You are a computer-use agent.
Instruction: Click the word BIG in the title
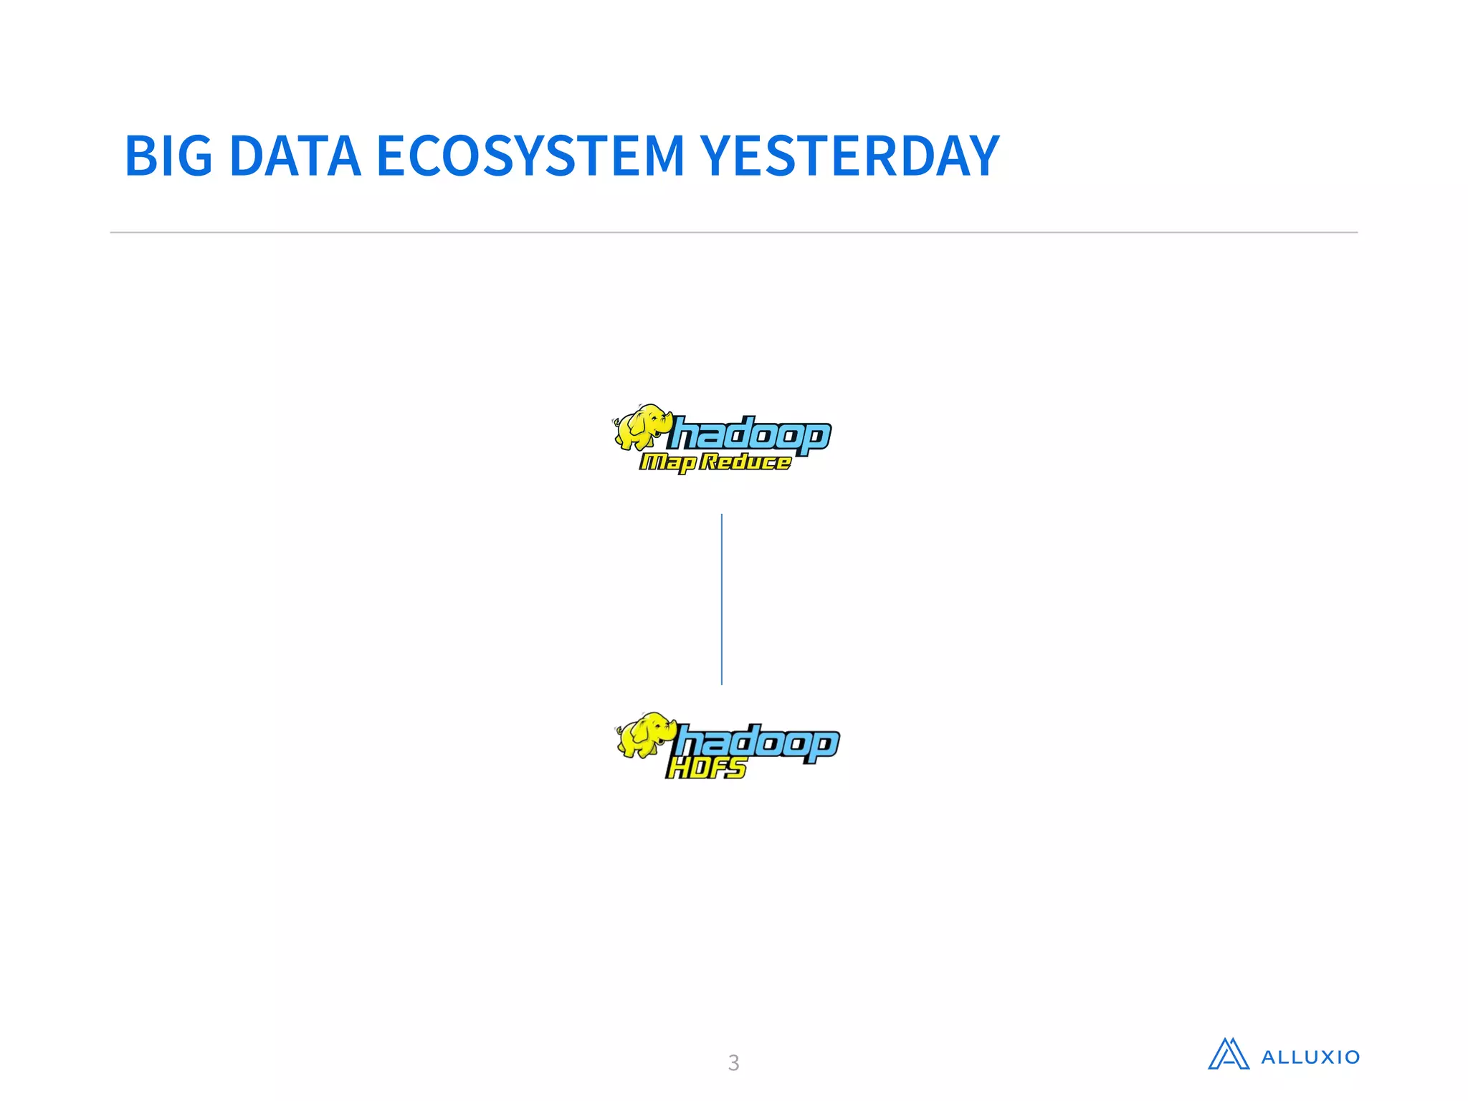pyautogui.click(x=168, y=156)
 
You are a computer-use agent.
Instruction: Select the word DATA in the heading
pyautogui.click(x=295, y=156)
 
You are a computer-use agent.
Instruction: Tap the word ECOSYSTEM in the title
pyautogui.click(x=530, y=156)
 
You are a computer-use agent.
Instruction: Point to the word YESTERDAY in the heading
pyautogui.click(x=849, y=156)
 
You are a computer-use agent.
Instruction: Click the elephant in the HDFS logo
pyautogui.click(x=647, y=735)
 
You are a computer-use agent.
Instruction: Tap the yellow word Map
pyautogui.click(x=667, y=463)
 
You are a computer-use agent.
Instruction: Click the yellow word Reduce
pyautogui.click(x=745, y=462)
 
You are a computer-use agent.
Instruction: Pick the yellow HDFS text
pyautogui.click(x=707, y=768)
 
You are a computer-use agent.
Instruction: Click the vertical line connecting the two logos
pyautogui.click(x=722, y=599)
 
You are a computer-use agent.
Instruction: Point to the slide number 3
pyautogui.click(x=733, y=1062)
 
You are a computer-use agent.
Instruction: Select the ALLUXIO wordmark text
pyautogui.click(x=1310, y=1057)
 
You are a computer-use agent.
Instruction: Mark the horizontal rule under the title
pyautogui.click(x=733, y=232)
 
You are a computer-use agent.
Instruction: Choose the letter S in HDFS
pyautogui.click(x=735, y=768)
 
